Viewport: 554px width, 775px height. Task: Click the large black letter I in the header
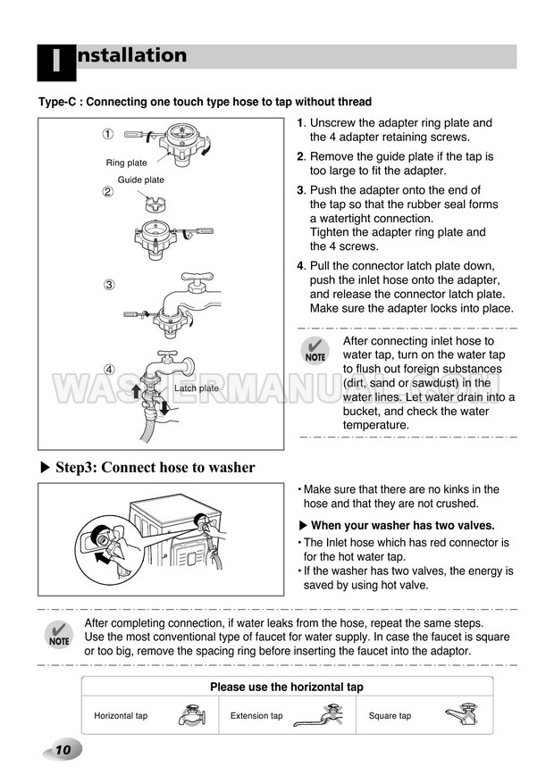55,62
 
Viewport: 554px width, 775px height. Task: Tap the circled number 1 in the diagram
107,135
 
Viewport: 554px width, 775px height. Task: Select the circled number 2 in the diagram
107,191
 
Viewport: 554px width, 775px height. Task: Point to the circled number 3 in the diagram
107,286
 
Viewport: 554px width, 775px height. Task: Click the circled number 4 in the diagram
107,370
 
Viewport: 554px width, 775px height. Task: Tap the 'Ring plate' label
126,163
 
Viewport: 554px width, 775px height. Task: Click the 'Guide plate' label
141,179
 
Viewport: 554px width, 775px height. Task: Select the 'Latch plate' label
196,388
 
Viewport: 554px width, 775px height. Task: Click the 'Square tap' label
390,716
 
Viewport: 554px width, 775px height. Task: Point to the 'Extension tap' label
256,716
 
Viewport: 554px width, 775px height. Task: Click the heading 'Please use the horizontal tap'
286,687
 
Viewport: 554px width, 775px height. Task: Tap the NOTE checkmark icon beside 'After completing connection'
58,634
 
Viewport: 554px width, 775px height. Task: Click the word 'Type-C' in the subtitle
58,102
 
